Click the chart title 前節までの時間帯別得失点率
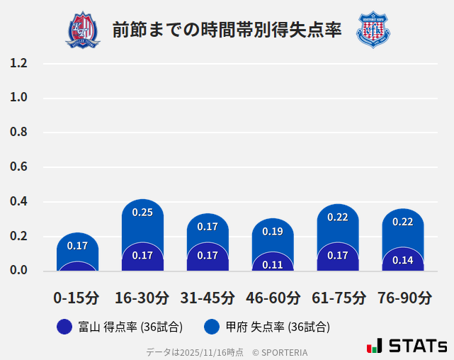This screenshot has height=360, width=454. pos(227,30)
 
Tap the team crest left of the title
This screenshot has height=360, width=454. pos(83,30)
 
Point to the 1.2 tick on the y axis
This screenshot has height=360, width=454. pos(18,63)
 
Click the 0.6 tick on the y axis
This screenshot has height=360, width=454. pos(18,167)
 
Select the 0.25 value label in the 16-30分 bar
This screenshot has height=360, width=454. pos(142,212)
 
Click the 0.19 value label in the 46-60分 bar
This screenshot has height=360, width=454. pos(273,231)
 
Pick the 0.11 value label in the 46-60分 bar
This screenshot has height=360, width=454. pos(273,265)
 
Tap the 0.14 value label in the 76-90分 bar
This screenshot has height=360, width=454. pos(402,260)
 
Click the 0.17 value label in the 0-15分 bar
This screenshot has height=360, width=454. pos(77,246)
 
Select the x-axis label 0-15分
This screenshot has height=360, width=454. pos(76,298)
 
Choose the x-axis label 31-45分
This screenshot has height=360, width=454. pos(207,298)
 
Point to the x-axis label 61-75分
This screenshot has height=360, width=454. pos(339,298)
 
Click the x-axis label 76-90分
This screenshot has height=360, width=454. pos(404,298)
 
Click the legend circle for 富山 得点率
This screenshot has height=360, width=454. pos(64,327)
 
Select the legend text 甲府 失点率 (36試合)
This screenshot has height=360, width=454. pos(278,327)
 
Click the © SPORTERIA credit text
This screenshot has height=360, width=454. pos(280,351)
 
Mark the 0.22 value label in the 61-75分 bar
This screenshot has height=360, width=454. pos(338,217)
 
